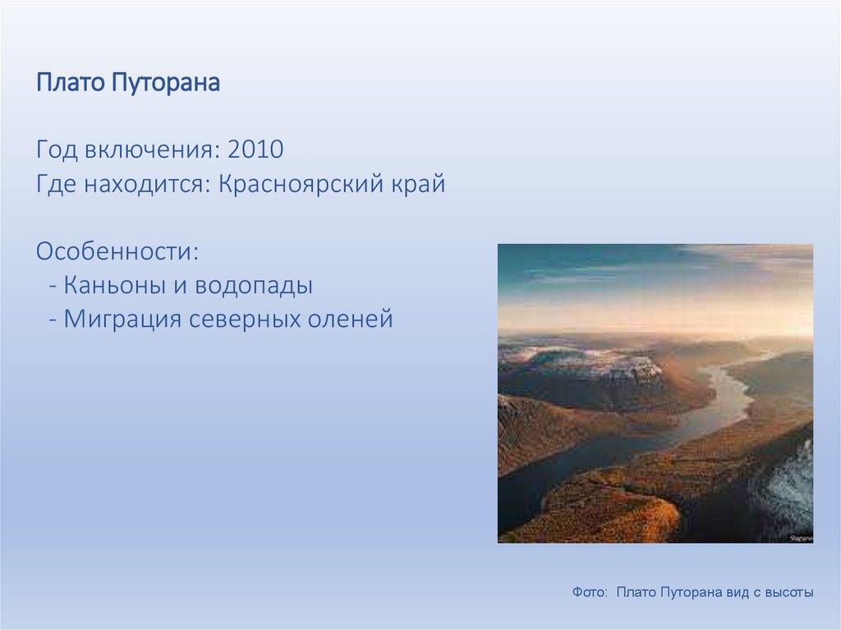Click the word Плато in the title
(x=71, y=83)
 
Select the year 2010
(x=255, y=149)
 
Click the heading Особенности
(x=117, y=251)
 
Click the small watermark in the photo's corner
(x=802, y=538)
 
